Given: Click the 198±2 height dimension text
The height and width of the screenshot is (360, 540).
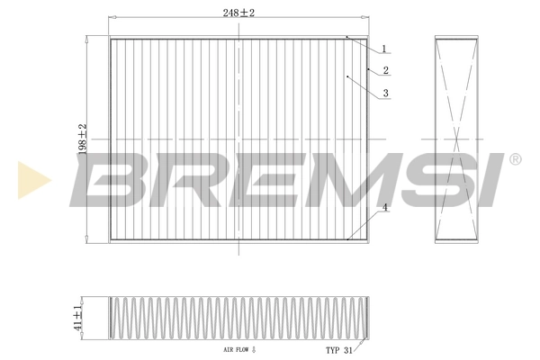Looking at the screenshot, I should [x=82, y=139].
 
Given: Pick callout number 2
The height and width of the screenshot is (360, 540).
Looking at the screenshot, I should [x=385, y=70].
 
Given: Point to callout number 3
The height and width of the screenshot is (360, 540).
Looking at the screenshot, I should [x=384, y=93].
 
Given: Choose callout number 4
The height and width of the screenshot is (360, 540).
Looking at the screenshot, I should [x=383, y=209].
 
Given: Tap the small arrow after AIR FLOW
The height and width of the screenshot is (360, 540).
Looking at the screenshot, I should [x=255, y=349].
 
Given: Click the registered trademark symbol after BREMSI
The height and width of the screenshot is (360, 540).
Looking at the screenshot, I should [x=515, y=159].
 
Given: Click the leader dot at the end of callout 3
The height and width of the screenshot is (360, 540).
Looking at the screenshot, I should [x=347, y=77].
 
